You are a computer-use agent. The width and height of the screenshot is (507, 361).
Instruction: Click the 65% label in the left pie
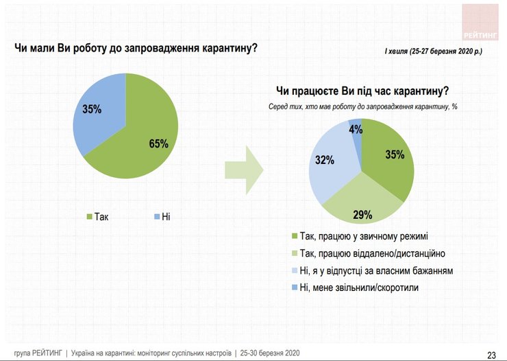point(158,143)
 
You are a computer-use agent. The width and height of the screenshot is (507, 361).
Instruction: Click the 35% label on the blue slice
point(92,109)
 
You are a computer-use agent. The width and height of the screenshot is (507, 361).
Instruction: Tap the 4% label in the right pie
point(356,128)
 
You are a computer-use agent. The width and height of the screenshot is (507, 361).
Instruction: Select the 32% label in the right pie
point(325,161)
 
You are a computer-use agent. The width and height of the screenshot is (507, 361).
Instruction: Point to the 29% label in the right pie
point(362,215)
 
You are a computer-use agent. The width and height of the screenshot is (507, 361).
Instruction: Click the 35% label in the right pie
point(395,155)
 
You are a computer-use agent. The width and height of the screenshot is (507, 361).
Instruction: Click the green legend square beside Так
point(89,217)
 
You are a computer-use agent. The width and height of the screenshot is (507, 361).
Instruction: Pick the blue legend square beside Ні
point(158,217)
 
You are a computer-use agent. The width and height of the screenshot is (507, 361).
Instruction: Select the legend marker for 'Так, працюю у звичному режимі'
point(295,235)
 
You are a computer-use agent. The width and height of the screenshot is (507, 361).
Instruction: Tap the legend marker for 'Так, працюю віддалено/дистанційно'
point(295,253)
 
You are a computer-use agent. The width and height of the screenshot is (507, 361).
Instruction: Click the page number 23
point(491,354)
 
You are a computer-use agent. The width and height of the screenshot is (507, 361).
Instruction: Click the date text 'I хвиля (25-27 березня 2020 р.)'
point(433,51)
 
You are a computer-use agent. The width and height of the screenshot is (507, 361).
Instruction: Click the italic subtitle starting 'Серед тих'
point(362,106)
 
